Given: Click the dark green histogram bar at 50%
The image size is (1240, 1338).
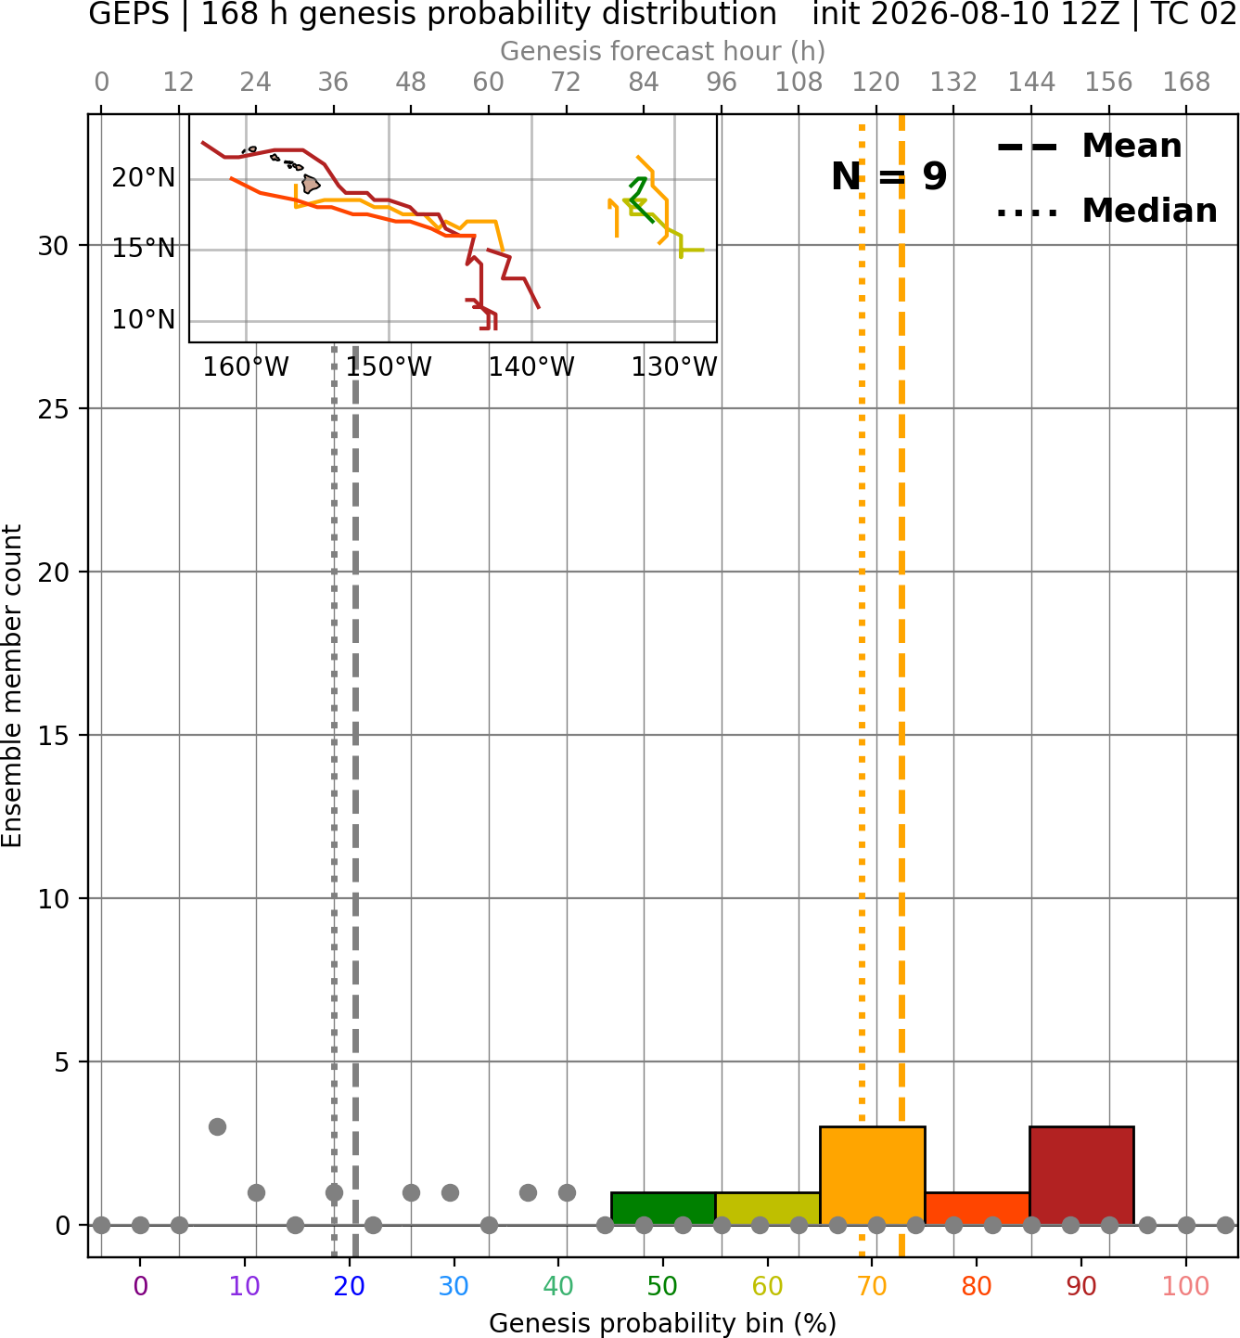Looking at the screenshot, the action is [663, 1208].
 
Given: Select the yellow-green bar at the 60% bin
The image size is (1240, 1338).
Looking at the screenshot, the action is [767, 1208].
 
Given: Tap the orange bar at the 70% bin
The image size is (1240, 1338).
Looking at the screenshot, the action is [872, 1176].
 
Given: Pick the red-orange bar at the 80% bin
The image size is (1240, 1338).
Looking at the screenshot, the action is [977, 1208].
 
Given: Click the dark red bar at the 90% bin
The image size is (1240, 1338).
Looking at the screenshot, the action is [1081, 1176].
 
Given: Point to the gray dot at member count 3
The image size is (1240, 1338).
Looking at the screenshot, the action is [217, 1126].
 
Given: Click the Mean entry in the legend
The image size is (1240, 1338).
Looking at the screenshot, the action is [1089, 147].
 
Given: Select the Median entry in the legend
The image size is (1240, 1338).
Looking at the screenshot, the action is [1106, 211].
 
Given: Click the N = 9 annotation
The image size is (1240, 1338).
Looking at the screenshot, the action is [889, 176].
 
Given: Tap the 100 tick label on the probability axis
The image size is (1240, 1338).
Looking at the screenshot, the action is [1185, 1286].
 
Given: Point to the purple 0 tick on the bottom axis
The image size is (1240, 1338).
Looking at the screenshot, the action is [140, 1286].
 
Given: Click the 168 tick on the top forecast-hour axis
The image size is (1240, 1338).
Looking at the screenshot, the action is [1186, 83].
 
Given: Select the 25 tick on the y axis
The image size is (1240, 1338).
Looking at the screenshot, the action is [53, 409].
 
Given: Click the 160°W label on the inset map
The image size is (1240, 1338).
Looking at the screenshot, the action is [246, 367].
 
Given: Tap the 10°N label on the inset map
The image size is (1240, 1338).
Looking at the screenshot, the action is [144, 319].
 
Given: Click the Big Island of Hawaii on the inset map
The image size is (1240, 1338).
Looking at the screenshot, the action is [311, 184].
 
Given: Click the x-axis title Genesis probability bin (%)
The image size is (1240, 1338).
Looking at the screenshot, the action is [663, 1323].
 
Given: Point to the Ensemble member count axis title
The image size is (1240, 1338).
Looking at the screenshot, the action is [11, 686].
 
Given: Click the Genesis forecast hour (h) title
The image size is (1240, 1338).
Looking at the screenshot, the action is [663, 51].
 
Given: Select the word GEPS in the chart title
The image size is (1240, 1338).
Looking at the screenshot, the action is [129, 14].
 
